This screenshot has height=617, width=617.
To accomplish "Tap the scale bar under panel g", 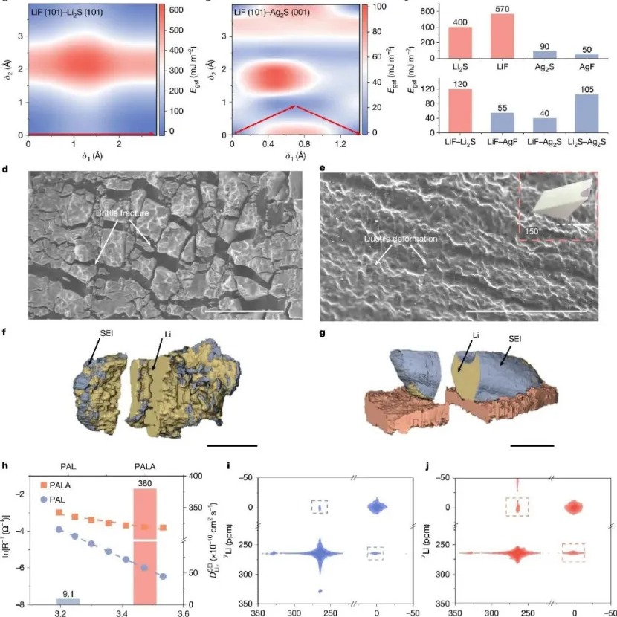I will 532,445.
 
